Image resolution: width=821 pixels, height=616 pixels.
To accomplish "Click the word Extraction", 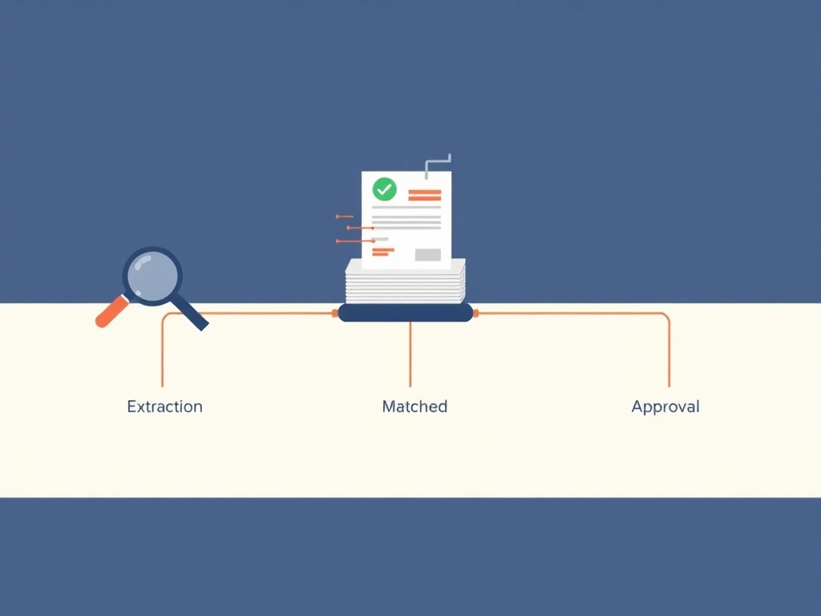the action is [x=164, y=407].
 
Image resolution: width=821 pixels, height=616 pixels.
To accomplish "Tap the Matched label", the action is [x=415, y=407].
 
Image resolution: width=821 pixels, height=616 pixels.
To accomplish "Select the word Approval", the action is [x=665, y=407].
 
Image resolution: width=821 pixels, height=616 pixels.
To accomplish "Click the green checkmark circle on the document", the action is [x=384, y=189].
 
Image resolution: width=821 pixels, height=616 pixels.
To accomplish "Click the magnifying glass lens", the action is [x=152, y=276].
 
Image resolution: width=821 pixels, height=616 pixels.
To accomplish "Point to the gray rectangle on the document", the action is [x=428, y=254].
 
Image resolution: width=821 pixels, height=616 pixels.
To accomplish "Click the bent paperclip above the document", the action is [x=438, y=165].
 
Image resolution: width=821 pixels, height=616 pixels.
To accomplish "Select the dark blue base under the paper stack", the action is [x=405, y=313].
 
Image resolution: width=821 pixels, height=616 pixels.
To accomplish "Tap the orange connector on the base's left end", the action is [x=335, y=314].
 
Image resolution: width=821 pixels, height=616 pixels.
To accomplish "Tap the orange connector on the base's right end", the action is [x=476, y=314].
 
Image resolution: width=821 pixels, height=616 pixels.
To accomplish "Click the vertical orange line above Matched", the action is [x=410, y=354].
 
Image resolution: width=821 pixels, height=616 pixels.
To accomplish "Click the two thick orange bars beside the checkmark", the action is [x=425, y=195].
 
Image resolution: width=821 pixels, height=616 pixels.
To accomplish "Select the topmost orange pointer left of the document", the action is [x=344, y=217].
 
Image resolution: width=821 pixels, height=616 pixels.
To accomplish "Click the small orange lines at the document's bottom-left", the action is [x=382, y=253].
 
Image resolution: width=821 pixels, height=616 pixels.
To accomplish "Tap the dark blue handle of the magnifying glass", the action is [x=189, y=312].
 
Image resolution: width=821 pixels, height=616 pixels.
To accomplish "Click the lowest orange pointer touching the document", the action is [x=355, y=241].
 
